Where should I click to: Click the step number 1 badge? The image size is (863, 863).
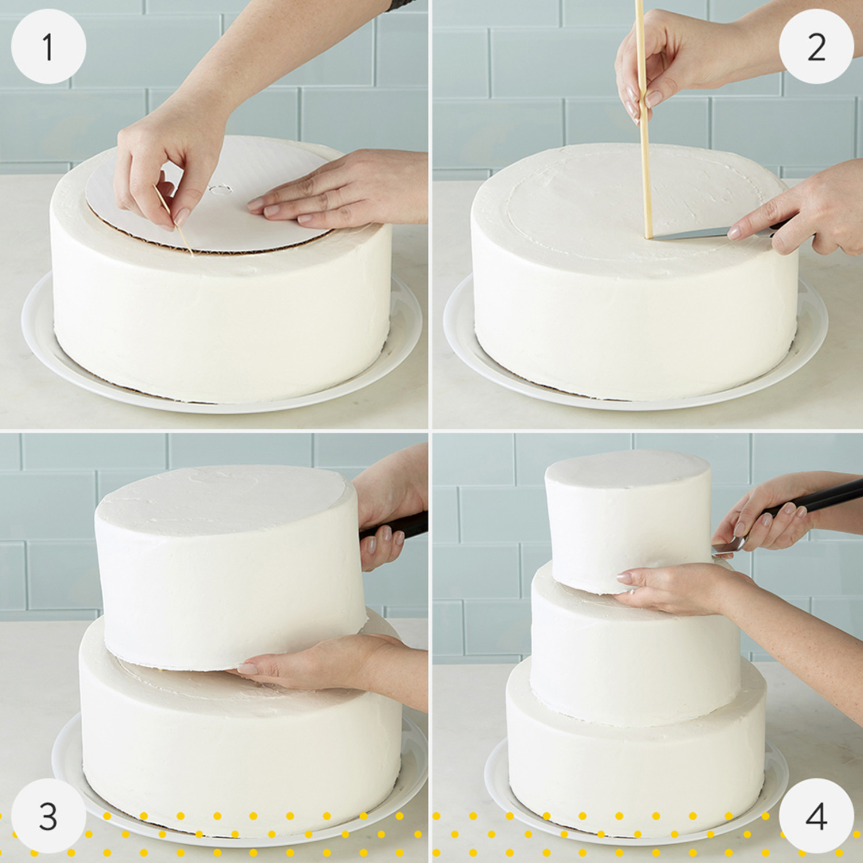coord(48,47)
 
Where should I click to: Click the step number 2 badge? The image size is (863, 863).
coord(816,47)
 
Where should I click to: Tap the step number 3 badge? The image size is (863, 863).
coord(48,816)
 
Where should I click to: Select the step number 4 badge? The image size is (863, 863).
coord(816,816)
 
